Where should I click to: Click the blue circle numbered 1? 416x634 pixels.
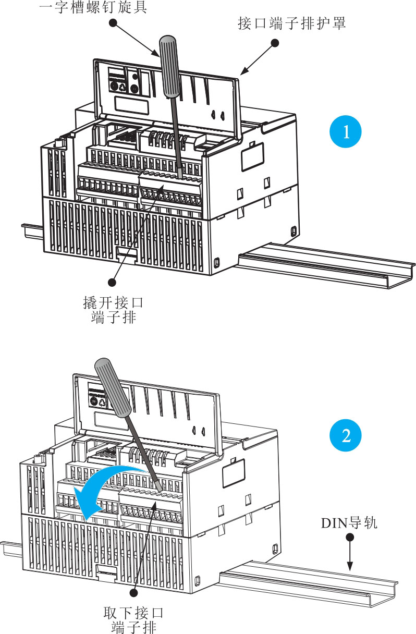pyautogui.click(x=345, y=131)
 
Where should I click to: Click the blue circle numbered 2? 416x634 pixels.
pyautogui.click(x=345, y=435)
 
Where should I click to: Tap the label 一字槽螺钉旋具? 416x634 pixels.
pyautogui.click(x=93, y=7)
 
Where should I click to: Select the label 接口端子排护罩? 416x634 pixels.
pyautogui.click(x=291, y=23)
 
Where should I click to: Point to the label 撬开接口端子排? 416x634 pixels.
pyautogui.click(x=113, y=310)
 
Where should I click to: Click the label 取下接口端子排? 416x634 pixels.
pyautogui.click(x=133, y=620)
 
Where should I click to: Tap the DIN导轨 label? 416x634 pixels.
pyautogui.click(x=349, y=523)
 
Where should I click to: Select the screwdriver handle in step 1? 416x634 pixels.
pyautogui.click(x=169, y=67)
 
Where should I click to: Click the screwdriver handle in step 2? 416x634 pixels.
pyautogui.click(x=113, y=387)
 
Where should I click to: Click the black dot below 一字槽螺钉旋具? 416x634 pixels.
pyautogui.click(x=113, y=23)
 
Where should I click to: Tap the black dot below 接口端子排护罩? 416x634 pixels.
pyautogui.click(x=275, y=43)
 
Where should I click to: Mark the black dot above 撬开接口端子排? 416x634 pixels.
pyautogui.click(x=112, y=282)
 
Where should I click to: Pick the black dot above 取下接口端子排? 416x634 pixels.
pyautogui.click(x=133, y=592)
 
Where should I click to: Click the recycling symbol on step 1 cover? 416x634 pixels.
pyautogui.click(x=123, y=87)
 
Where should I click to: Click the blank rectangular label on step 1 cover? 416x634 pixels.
pyautogui.click(x=131, y=105)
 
